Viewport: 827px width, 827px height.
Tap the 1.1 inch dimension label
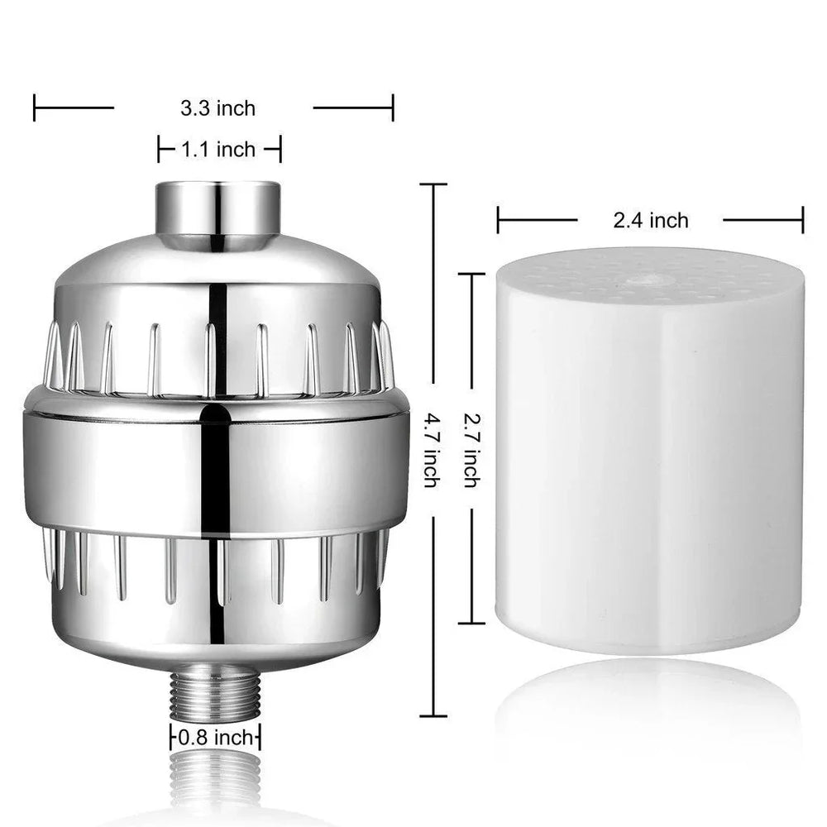(218, 150)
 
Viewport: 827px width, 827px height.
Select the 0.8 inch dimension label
(217, 737)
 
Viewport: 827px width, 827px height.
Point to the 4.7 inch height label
(430, 451)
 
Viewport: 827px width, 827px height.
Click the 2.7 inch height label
(470, 452)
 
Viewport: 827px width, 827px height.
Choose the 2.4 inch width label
(650, 220)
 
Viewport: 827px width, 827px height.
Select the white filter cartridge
(649, 463)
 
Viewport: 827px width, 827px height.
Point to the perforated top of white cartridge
(649, 273)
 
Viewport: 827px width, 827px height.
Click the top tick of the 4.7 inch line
(433, 184)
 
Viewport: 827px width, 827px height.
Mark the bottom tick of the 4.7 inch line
(433, 716)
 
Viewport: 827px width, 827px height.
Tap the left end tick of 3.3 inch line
(35, 108)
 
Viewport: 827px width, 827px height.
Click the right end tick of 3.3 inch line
(393, 108)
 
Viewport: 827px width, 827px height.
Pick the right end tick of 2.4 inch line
(802, 220)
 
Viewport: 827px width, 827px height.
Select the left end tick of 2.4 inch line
(498, 220)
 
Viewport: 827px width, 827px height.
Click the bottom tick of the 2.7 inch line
(471, 621)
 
